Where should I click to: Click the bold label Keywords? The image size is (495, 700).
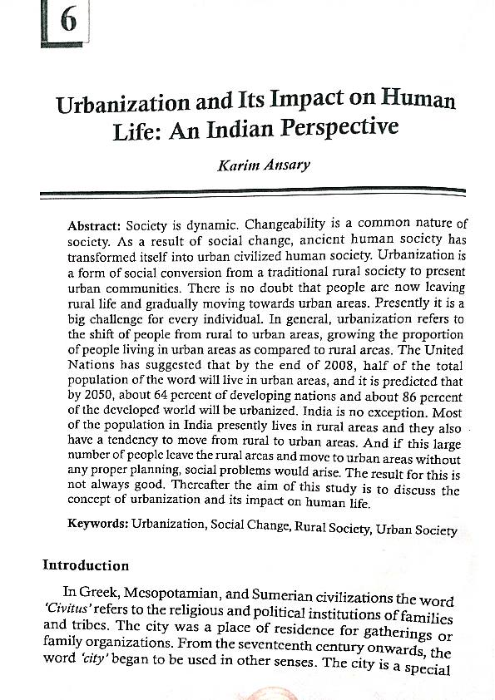point(97,525)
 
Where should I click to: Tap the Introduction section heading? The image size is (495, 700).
point(86,566)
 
